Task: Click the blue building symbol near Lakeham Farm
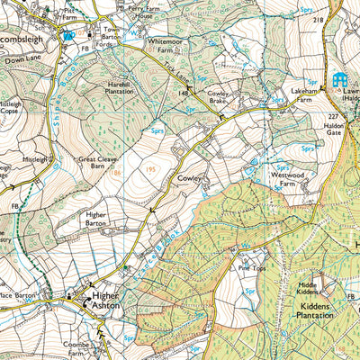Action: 340,80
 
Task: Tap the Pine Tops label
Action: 253,267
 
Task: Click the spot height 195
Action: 151,169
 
